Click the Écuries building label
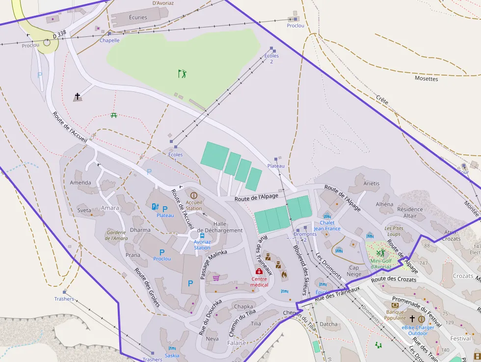tap(137, 18)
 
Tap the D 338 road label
tap(59, 34)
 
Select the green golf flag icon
tap(183, 74)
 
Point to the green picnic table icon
tap(114, 115)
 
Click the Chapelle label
tap(109, 41)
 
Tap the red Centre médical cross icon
tap(259, 272)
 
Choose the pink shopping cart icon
tap(216, 278)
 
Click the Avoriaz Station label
tap(202, 245)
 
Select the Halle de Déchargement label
tap(219, 227)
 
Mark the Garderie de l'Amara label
tap(116, 235)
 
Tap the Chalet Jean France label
tap(327, 225)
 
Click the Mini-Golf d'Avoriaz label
tap(381, 264)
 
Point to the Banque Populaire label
tap(395, 315)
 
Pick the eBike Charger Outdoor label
tap(418, 331)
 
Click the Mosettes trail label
tap(426, 79)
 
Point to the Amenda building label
tap(80, 183)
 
